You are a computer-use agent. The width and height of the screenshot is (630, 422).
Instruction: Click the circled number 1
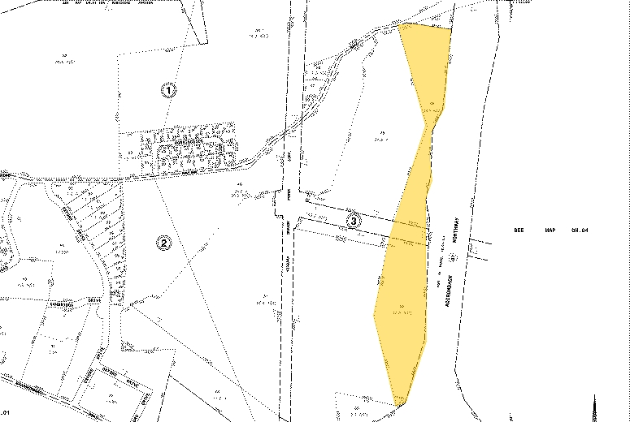tap(168, 90)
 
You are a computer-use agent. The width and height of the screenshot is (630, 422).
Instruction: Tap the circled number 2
tap(163, 242)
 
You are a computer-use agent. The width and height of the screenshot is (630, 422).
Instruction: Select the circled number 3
tap(353, 219)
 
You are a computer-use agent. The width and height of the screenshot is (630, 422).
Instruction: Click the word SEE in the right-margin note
tap(520, 230)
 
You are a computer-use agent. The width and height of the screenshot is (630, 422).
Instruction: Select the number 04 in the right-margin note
tap(580, 230)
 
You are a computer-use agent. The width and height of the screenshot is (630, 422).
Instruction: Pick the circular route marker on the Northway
tap(454, 256)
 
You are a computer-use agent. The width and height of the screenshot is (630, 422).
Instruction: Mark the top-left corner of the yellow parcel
tap(400, 25)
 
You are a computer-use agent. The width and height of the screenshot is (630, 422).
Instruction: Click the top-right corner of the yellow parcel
tap(450, 30)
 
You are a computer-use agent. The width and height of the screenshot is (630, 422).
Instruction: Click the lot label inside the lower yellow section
tap(399, 309)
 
